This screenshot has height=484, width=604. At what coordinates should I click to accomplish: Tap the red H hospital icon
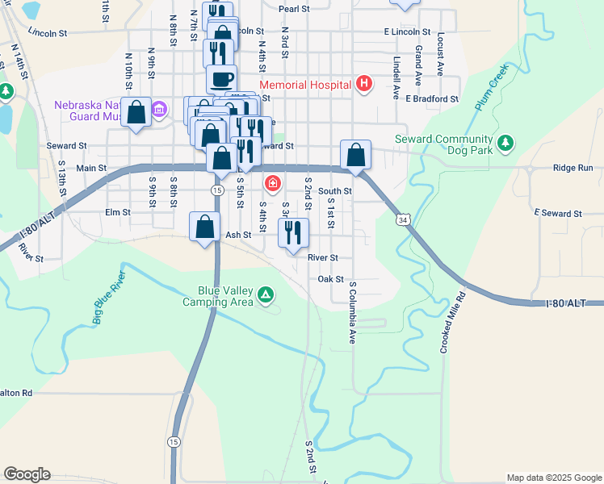click(x=364, y=83)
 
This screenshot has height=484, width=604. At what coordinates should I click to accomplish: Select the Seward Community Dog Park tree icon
click(x=505, y=143)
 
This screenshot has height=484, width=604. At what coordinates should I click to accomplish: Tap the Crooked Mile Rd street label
click(x=454, y=322)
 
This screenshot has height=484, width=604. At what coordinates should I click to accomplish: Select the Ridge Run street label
click(x=573, y=168)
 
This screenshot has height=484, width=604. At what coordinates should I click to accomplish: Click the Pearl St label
click(x=294, y=9)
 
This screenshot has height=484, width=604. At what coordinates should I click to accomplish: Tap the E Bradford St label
click(x=432, y=98)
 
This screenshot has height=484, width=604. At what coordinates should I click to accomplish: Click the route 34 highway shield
click(x=403, y=219)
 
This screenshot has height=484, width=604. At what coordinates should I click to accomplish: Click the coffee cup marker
click(x=221, y=79)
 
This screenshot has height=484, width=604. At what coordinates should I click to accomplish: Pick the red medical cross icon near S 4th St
click(x=273, y=185)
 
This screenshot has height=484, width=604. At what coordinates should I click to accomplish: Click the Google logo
click(x=27, y=474)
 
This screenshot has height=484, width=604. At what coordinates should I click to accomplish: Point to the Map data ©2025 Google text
click(x=553, y=478)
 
